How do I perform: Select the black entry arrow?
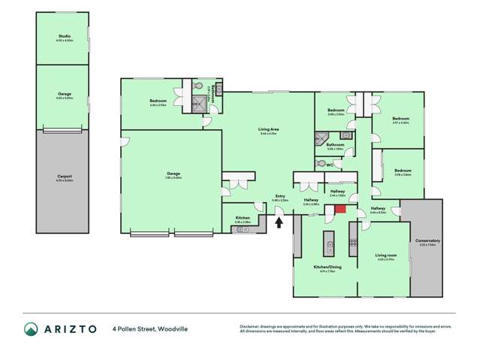pyautogui.click(x=279, y=222)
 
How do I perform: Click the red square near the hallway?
pyautogui.click(x=340, y=210)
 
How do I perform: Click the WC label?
pyautogui.click(x=330, y=165)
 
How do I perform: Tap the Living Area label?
pyautogui.click(x=268, y=130)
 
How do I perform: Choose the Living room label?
pyautogui.click(x=385, y=256)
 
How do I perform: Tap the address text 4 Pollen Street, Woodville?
pyautogui.click(x=150, y=328)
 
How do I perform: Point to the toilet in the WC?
pyautogui.click(x=322, y=162)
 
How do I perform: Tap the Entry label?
pyautogui.click(x=279, y=196)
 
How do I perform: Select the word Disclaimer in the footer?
pyautogui.click(x=250, y=325)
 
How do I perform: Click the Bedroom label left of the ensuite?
pyautogui.click(x=157, y=101)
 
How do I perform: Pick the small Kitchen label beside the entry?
pyautogui.click(x=242, y=219)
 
